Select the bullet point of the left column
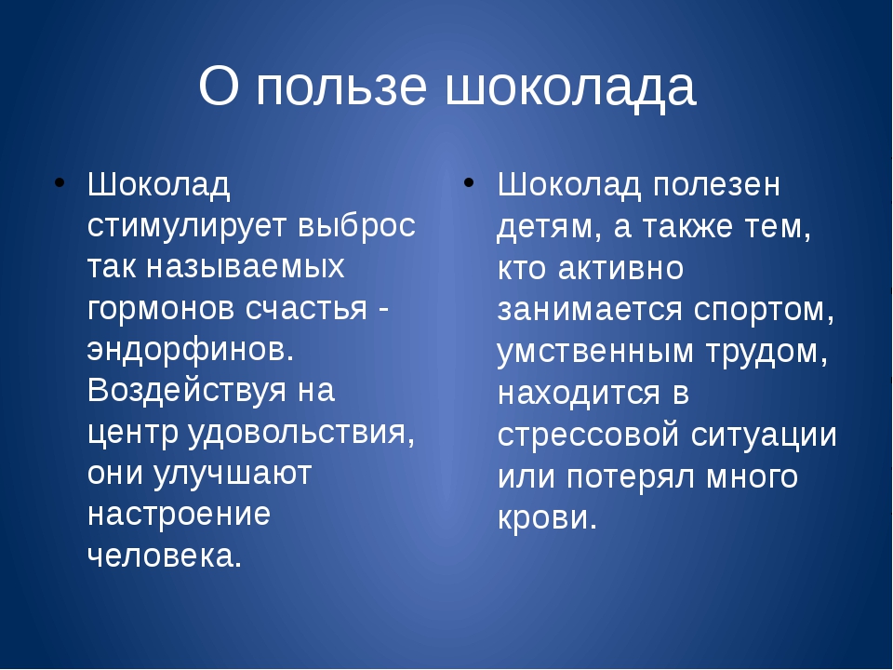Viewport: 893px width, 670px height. pos(60,183)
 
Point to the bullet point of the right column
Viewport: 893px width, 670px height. pos(469,183)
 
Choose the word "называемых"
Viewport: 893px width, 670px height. pos(246,267)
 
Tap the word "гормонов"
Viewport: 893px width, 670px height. pos(161,309)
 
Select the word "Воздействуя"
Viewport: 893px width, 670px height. pos(187,392)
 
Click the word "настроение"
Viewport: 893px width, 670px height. pos(179,514)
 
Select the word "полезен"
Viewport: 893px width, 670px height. pos(716,185)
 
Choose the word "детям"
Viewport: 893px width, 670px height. pos(545,227)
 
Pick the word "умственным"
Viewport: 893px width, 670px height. pos(595,351)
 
